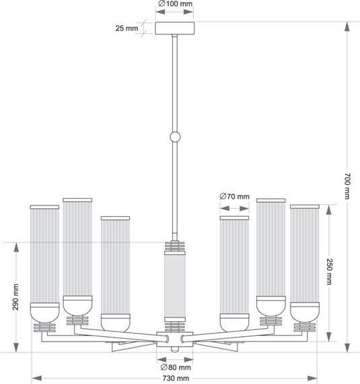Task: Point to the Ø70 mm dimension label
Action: (234, 197)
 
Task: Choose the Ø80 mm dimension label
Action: (176, 367)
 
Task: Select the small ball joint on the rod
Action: (175, 137)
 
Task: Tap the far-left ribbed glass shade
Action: (44, 255)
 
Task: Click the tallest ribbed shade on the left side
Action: (77, 248)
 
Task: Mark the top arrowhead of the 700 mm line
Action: (347, 26)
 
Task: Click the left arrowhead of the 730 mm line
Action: (34, 378)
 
